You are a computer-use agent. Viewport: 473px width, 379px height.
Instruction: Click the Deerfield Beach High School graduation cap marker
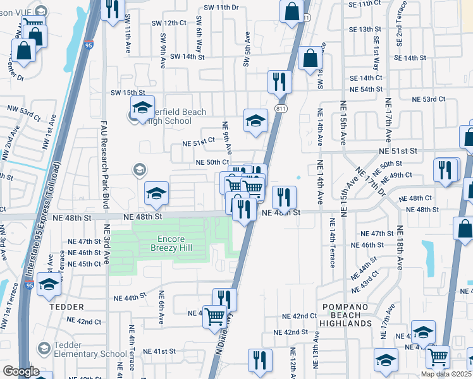(x=142, y=107)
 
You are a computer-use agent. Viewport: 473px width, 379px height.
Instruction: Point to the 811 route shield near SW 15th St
(x=279, y=109)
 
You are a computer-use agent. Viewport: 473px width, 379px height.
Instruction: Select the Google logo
(x=21, y=371)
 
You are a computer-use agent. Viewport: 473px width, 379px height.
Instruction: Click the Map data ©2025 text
(x=446, y=374)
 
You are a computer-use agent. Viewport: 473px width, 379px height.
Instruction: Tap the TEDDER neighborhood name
(x=61, y=306)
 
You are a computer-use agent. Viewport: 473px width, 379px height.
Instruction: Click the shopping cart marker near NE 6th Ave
(x=214, y=316)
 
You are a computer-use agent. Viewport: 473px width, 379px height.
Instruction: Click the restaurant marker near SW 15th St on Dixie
(x=278, y=82)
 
